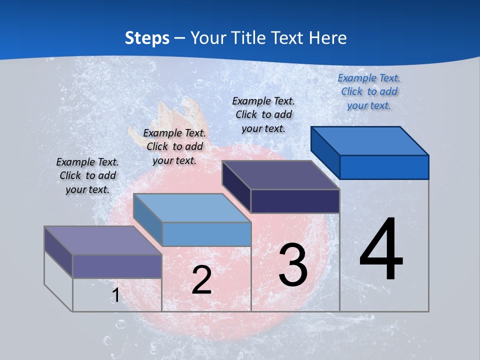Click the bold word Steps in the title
point(147,38)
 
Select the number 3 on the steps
point(293,264)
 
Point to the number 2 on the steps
point(201,280)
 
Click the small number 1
point(115,295)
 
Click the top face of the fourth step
point(370,141)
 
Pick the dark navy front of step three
point(295,201)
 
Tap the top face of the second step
point(192,207)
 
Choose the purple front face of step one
point(117,266)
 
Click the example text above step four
point(369,91)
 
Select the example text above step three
point(263,114)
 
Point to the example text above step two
point(174,146)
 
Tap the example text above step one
point(87,175)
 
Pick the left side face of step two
point(148,218)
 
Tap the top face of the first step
point(103,240)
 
